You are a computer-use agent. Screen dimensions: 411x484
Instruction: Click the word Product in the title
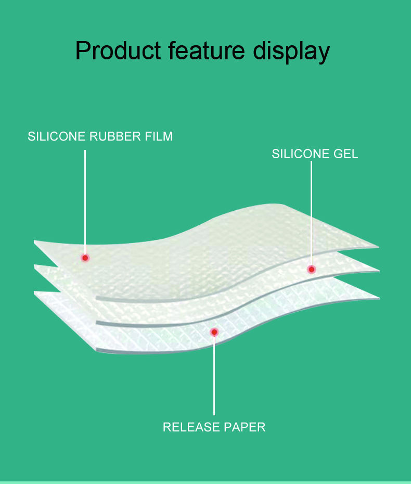click(x=118, y=51)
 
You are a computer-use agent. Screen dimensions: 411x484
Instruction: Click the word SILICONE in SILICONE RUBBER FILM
click(x=57, y=137)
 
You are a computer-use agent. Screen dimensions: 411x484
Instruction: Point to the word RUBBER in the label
click(x=114, y=137)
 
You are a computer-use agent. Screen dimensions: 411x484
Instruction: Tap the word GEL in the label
click(x=346, y=154)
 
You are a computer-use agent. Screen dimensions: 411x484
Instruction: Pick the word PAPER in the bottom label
click(x=244, y=427)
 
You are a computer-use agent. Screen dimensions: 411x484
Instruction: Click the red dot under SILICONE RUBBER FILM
click(x=85, y=258)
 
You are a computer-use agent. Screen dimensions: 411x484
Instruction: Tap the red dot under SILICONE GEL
click(x=311, y=269)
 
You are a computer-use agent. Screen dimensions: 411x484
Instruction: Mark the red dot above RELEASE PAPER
click(x=214, y=332)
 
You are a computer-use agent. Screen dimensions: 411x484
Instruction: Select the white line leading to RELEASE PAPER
click(x=214, y=375)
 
